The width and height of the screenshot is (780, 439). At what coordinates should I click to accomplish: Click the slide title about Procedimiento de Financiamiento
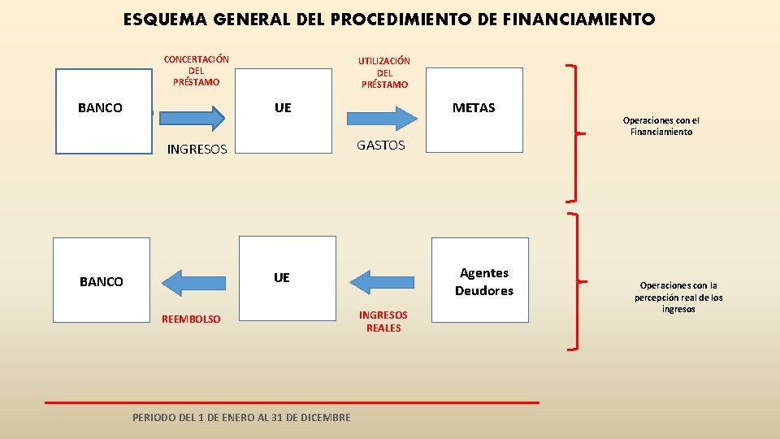(x=389, y=20)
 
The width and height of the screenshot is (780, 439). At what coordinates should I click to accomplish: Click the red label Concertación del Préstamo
(x=196, y=71)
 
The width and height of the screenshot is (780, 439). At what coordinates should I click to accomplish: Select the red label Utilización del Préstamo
(x=384, y=72)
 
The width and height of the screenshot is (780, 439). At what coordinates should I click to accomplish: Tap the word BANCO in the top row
(x=100, y=108)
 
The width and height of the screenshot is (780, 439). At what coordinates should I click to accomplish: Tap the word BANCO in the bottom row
(x=102, y=282)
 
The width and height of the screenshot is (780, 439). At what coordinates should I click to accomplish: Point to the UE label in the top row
(x=283, y=107)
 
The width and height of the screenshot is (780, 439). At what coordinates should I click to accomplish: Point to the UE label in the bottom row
(x=281, y=278)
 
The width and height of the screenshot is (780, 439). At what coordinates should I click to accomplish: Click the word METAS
(x=474, y=107)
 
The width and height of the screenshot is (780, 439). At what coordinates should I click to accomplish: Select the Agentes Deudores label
(x=484, y=282)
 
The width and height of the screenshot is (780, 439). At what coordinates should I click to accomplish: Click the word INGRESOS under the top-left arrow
(x=197, y=149)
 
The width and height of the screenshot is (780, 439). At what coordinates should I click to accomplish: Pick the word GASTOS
(x=380, y=145)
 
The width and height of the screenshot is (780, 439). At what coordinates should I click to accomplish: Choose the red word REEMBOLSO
(x=191, y=319)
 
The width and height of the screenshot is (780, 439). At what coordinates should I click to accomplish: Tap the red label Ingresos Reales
(x=383, y=321)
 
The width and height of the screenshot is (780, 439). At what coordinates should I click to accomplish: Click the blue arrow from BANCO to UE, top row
(x=192, y=117)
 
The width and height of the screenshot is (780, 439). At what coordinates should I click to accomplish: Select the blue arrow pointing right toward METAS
(x=382, y=117)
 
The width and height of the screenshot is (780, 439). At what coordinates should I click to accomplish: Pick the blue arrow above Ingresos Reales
(x=383, y=280)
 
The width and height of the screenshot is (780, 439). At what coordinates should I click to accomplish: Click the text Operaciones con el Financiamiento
(x=661, y=126)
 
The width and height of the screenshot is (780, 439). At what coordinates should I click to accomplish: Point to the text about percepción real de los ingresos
(x=678, y=298)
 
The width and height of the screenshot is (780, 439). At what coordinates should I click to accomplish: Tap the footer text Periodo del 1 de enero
(x=241, y=417)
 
